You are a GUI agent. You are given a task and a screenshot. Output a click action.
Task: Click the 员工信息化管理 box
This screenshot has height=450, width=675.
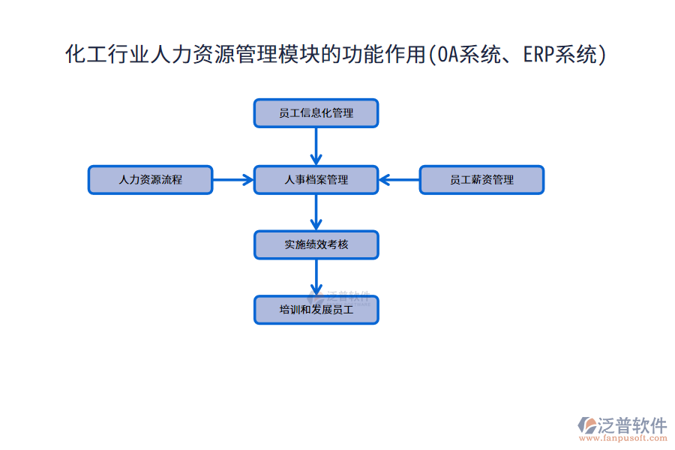click(x=316, y=113)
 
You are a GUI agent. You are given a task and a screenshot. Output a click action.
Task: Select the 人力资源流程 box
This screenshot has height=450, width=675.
click(x=150, y=180)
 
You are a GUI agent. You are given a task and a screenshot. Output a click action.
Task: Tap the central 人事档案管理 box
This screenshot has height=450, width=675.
click(x=316, y=180)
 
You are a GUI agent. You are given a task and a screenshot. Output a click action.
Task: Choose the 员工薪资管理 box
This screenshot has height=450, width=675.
click(x=481, y=180)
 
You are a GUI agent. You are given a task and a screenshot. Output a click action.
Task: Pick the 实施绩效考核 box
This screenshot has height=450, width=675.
click(x=316, y=244)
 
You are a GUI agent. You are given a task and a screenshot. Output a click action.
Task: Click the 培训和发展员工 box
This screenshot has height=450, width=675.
click(x=316, y=310)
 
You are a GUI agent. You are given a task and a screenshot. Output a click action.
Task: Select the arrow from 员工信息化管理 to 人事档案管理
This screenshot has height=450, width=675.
click(x=316, y=146)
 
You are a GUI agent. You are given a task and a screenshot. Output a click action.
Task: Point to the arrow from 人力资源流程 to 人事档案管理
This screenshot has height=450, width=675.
click(x=233, y=180)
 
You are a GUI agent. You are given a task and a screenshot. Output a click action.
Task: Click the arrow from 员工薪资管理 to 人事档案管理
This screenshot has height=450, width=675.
click(x=399, y=180)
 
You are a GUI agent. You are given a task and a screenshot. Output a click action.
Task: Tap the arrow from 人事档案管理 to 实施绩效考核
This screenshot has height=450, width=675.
click(x=316, y=212)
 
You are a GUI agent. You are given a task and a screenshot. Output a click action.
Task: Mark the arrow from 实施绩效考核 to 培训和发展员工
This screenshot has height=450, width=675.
click(x=316, y=277)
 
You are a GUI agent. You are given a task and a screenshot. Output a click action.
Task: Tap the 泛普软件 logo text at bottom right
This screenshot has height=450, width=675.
click(x=632, y=425)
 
